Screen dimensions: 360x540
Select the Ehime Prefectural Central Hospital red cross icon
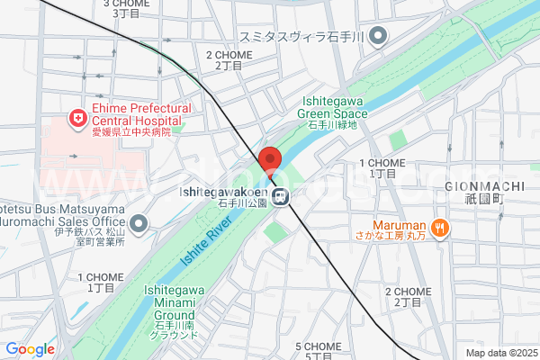79,118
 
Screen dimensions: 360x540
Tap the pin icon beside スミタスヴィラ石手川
379,37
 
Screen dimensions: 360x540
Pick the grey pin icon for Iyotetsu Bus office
139,222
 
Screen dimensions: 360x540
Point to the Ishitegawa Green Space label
333,109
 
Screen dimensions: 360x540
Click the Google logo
30,349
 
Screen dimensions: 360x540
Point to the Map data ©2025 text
499,353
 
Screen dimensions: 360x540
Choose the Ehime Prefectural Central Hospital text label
136,114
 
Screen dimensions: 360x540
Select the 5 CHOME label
319,346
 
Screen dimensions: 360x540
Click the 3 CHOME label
127,4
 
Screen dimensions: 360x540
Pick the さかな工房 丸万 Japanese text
400,238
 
